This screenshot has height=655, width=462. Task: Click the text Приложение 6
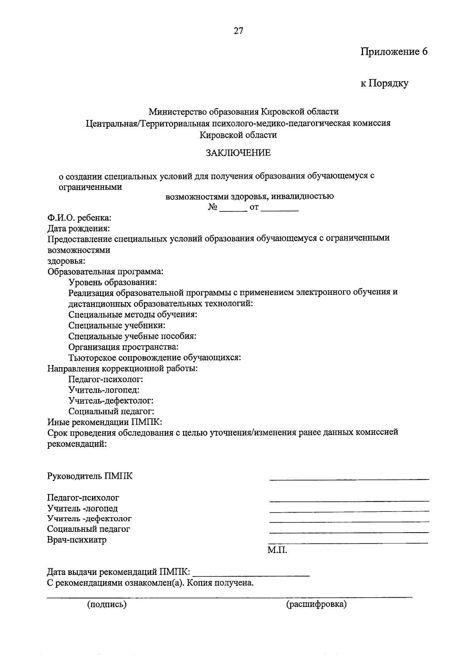click(394, 52)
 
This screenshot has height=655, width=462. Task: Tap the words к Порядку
click(384, 83)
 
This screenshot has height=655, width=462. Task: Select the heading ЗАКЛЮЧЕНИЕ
click(238, 153)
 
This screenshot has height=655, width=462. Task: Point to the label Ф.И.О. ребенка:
click(79, 218)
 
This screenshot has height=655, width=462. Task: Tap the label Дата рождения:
click(79, 229)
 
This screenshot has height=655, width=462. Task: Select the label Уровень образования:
click(112, 282)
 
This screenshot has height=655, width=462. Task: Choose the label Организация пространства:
click(123, 347)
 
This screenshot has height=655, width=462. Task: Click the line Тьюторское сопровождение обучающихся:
click(155, 358)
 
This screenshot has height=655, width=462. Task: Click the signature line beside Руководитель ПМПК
click(349, 478)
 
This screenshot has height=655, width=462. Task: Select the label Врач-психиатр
click(77, 540)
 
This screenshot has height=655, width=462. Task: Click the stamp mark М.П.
click(277, 550)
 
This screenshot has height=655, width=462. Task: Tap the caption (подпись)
click(107, 604)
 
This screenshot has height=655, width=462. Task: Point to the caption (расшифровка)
click(316, 604)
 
